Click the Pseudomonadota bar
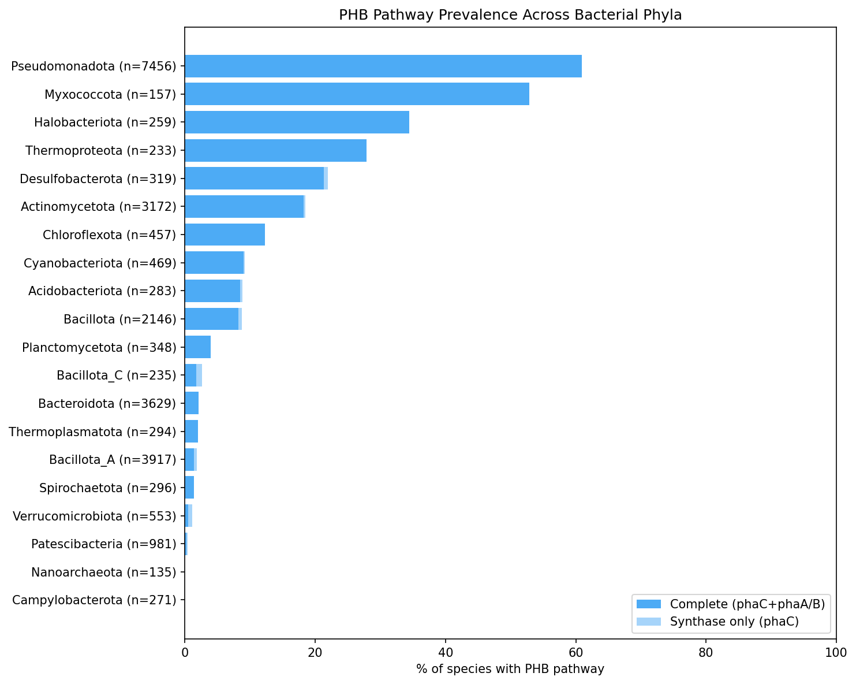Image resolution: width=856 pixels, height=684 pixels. point(383,66)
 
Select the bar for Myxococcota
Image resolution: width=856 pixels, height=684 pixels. point(357,94)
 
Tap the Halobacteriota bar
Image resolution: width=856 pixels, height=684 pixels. point(297,122)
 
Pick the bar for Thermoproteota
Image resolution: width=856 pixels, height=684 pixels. point(275,150)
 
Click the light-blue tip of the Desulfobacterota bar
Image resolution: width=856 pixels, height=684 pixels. point(326,179)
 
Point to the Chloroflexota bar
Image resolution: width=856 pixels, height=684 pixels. point(225,235)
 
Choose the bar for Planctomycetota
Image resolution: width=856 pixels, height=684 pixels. point(197,347)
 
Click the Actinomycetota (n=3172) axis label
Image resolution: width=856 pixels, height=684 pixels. point(98,206)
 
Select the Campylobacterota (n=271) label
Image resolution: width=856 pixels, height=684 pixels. point(94,600)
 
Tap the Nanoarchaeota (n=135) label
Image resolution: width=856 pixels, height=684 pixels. point(103,573)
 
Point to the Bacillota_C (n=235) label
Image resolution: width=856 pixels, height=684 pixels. point(116,376)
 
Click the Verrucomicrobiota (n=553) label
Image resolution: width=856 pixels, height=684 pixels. point(94,516)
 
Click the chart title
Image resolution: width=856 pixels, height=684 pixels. point(510,15)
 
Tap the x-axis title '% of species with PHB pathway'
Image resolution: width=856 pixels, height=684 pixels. point(510,669)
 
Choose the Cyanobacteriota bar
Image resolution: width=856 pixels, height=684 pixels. point(214,263)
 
